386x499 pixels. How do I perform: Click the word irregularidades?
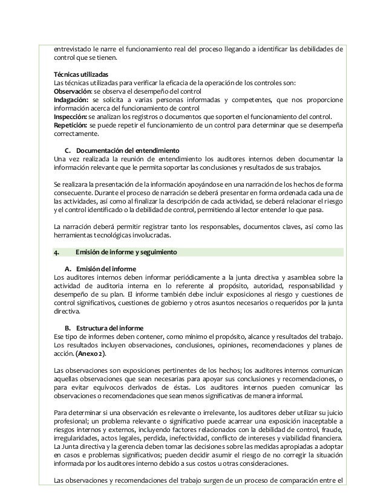[77, 438]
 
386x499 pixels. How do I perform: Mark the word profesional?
[71, 421]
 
